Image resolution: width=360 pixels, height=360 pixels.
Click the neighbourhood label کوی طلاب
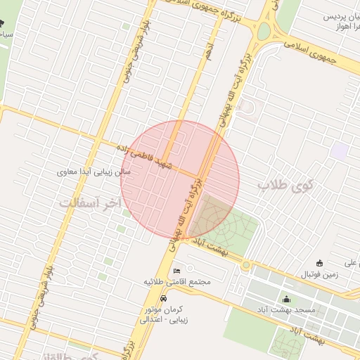[x=289, y=185]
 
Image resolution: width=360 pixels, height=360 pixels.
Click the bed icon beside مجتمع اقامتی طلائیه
[x=176, y=270]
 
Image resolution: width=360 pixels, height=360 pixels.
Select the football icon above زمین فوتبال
[x=320, y=263]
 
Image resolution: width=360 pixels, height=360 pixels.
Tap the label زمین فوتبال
[x=320, y=274]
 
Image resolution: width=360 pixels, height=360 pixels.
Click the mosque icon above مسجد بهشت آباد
[x=285, y=299]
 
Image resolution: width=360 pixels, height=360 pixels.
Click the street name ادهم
[x=208, y=50]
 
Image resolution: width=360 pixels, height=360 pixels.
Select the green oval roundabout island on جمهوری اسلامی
[x=264, y=32]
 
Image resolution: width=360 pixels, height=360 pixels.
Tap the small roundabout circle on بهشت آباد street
[x=245, y=265]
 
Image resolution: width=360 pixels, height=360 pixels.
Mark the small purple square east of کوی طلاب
[x=340, y=150]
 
